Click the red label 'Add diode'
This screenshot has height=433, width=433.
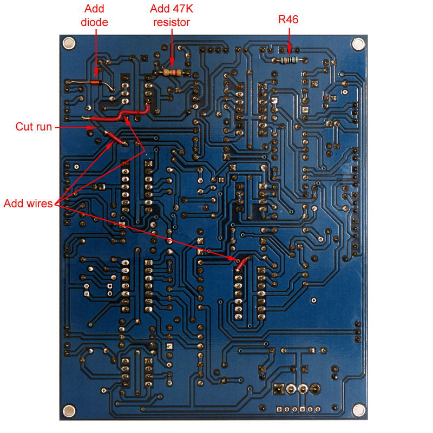coord(95,16)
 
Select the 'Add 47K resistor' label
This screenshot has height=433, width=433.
coord(170,16)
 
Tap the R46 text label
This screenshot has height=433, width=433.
coord(288,20)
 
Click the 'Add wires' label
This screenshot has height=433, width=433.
coord(28,204)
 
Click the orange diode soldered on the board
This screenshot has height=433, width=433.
coord(95,82)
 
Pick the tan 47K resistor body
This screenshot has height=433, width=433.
coord(171,72)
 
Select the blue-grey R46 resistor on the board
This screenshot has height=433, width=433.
coord(290,60)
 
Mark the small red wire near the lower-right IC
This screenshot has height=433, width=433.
coord(241,264)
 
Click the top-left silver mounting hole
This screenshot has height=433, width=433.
coord(69,43)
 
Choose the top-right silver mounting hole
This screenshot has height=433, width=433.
coord(358,44)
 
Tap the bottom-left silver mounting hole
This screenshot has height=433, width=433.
coord(69,410)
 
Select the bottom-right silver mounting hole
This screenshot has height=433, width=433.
coord(358,410)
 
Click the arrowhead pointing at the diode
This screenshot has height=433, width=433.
coord(96,75)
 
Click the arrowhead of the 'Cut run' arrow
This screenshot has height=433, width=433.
coord(91,128)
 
